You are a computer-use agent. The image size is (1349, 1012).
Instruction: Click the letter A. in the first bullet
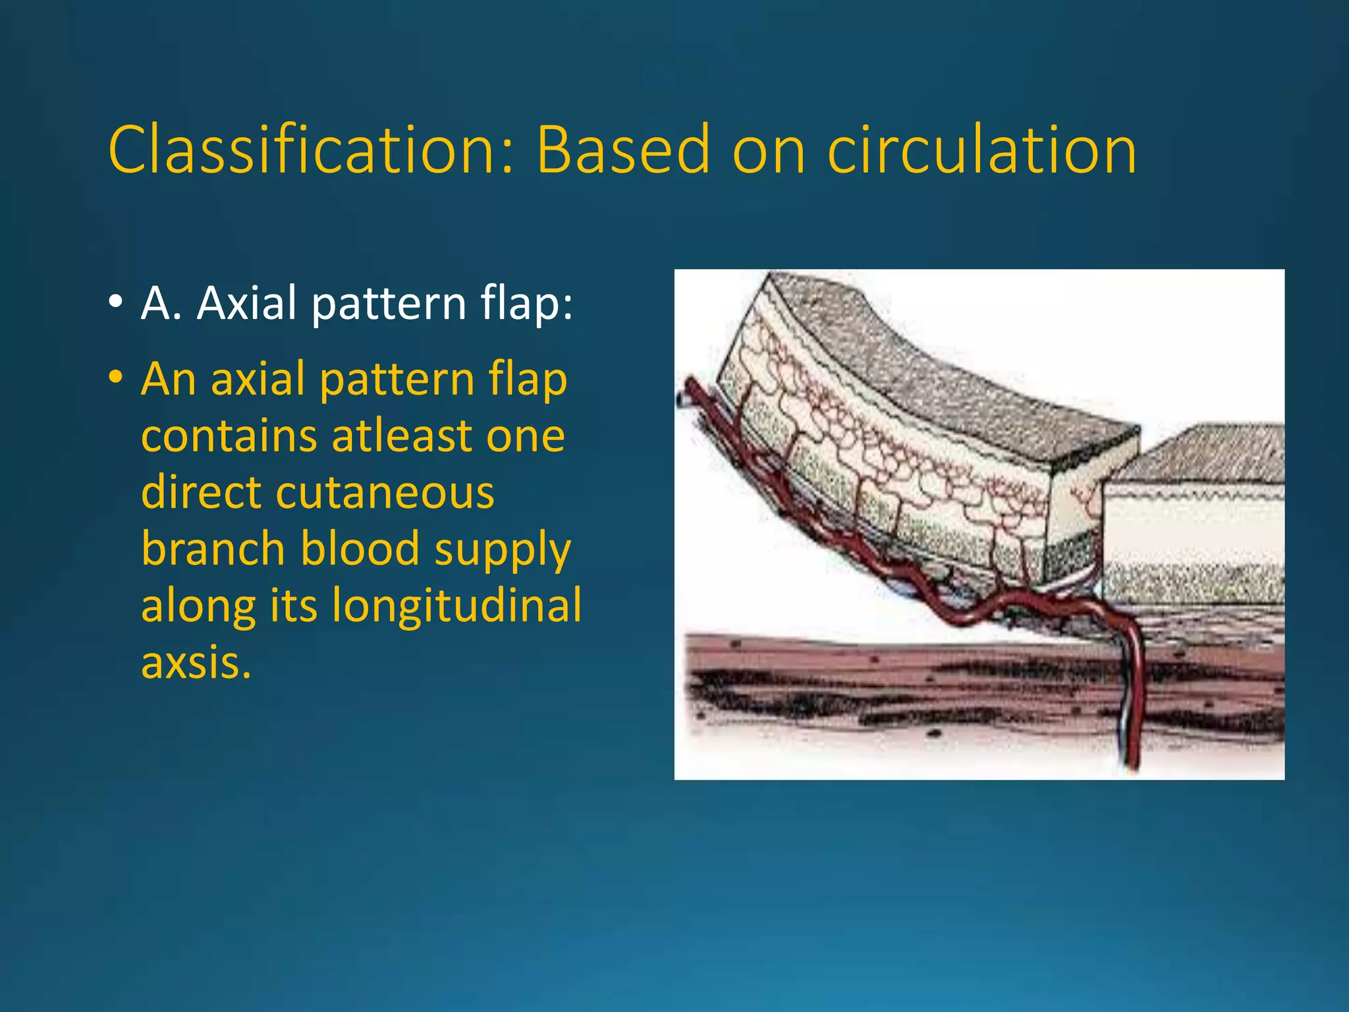click(161, 304)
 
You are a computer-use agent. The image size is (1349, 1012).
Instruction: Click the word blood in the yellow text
click(360, 549)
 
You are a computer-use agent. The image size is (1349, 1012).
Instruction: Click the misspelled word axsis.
click(196, 663)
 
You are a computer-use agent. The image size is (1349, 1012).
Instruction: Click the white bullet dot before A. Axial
click(116, 302)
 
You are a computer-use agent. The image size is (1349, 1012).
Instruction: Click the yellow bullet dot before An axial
click(116, 378)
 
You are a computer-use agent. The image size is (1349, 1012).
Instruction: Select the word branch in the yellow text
click(214, 549)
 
